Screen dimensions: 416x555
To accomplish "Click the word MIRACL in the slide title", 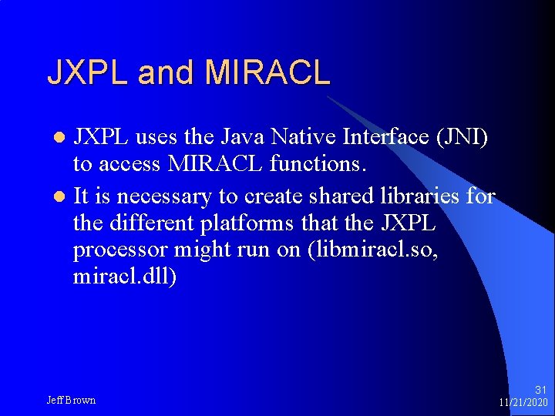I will [267, 72].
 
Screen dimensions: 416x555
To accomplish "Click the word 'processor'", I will [123, 250].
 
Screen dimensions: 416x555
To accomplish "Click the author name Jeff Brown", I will [72, 400].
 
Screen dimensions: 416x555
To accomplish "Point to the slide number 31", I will [540, 391].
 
